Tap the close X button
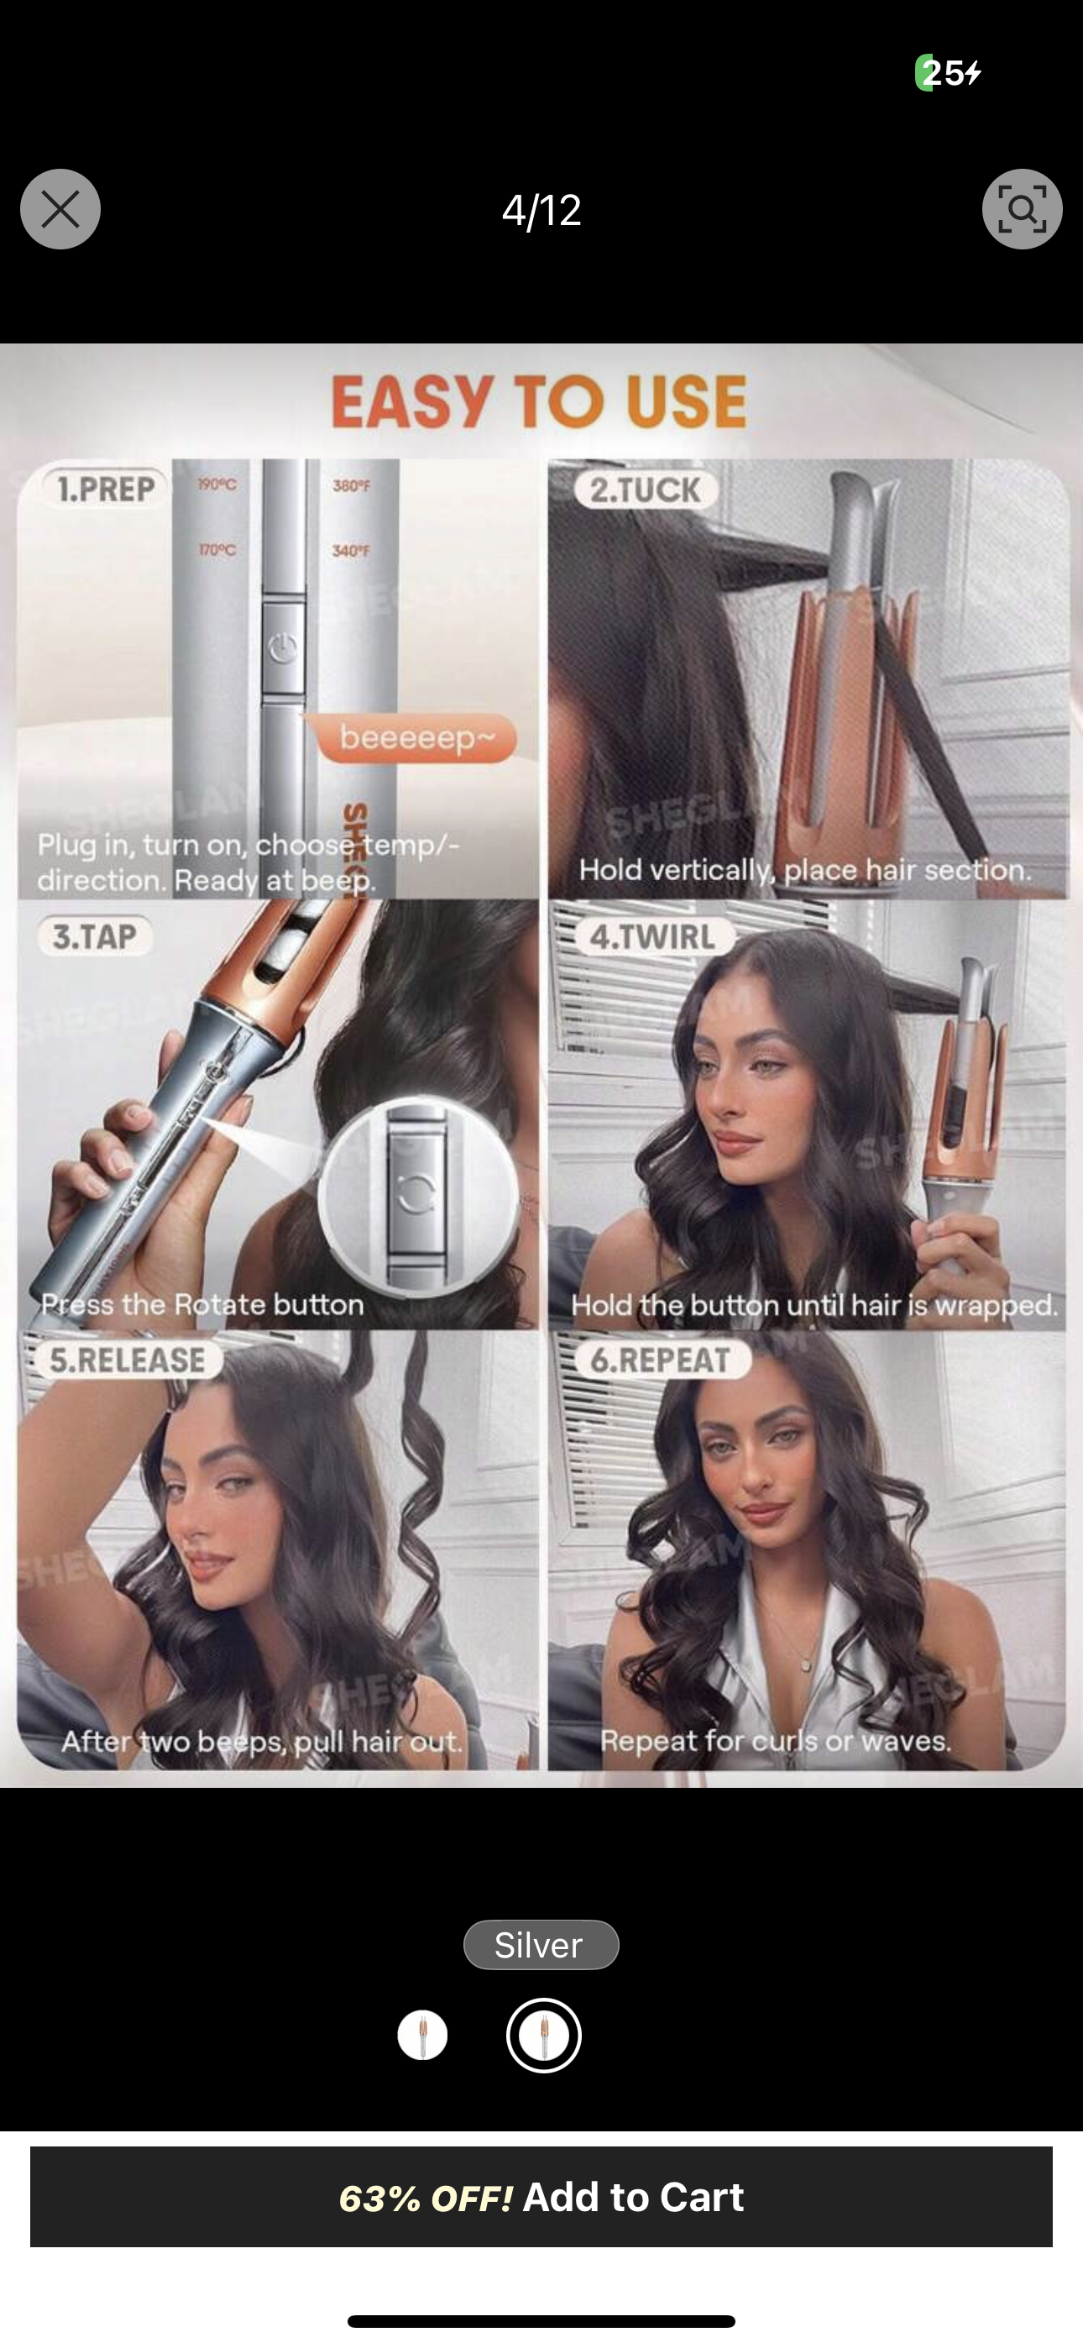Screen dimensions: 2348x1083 point(60,210)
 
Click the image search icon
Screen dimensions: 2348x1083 point(1022,210)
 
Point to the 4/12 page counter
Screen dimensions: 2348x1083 point(541,211)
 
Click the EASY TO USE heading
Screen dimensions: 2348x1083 point(540,402)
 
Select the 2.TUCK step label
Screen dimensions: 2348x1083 point(646,490)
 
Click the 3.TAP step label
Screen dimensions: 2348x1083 point(95,936)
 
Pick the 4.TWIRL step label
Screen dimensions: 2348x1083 point(651,936)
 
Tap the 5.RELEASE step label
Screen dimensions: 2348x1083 point(128,1359)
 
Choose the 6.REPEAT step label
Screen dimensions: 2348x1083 point(660,1360)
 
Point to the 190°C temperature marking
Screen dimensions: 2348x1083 point(217,485)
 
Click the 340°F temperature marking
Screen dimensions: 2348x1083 point(351,551)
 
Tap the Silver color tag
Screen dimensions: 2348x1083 point(541,1944)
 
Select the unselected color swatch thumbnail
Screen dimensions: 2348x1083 point(423,2036)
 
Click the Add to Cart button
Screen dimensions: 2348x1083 point(541,2196)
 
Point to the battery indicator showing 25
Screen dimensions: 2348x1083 point(948,73)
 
